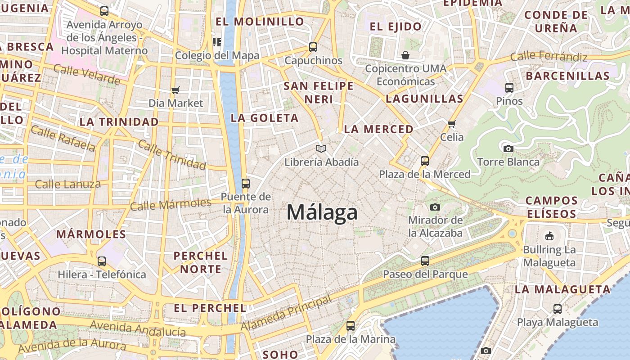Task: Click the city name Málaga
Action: pyautogui.click(x=322, y=212)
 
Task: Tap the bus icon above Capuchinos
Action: pyautogui.click(x=313, y=47)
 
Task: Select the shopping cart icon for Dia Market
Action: pyautogui.click(x=175, y=90)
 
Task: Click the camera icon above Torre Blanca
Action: pyautogui.click(x=508, y=148)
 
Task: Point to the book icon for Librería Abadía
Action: pyautogui.click(x=321, y=148)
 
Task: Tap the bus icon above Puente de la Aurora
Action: pyautogui.click(x=245, y=183)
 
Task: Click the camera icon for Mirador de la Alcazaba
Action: pyautogui.click(x=435, y=207)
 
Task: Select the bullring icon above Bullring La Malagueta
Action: pyautogui.click(x=549, y=236)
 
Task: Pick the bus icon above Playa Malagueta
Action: pyautogui.click(x=557, y=309)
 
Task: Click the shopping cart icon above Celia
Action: pyautogui.click(x=451, y=124)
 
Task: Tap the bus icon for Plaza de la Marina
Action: pyautogui.click(x=350, y=325)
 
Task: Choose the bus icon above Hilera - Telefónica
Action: pyautogui.click(x=102, y=261)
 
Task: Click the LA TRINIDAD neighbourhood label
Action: pyautogui.click(x=119, y=121)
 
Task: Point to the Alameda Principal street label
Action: pyautogui.click(x=286, y=313)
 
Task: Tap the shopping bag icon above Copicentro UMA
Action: pyautogui.click(x=405, y=55)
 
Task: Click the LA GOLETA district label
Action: pyautogui.click(x=264, y=118)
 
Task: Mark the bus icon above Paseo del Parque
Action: pyautogui.click(x=425, y=261)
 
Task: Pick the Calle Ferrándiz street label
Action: pyautogui.click(x=549, y=57)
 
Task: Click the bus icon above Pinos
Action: pyautogui.click(x=509, y=88)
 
